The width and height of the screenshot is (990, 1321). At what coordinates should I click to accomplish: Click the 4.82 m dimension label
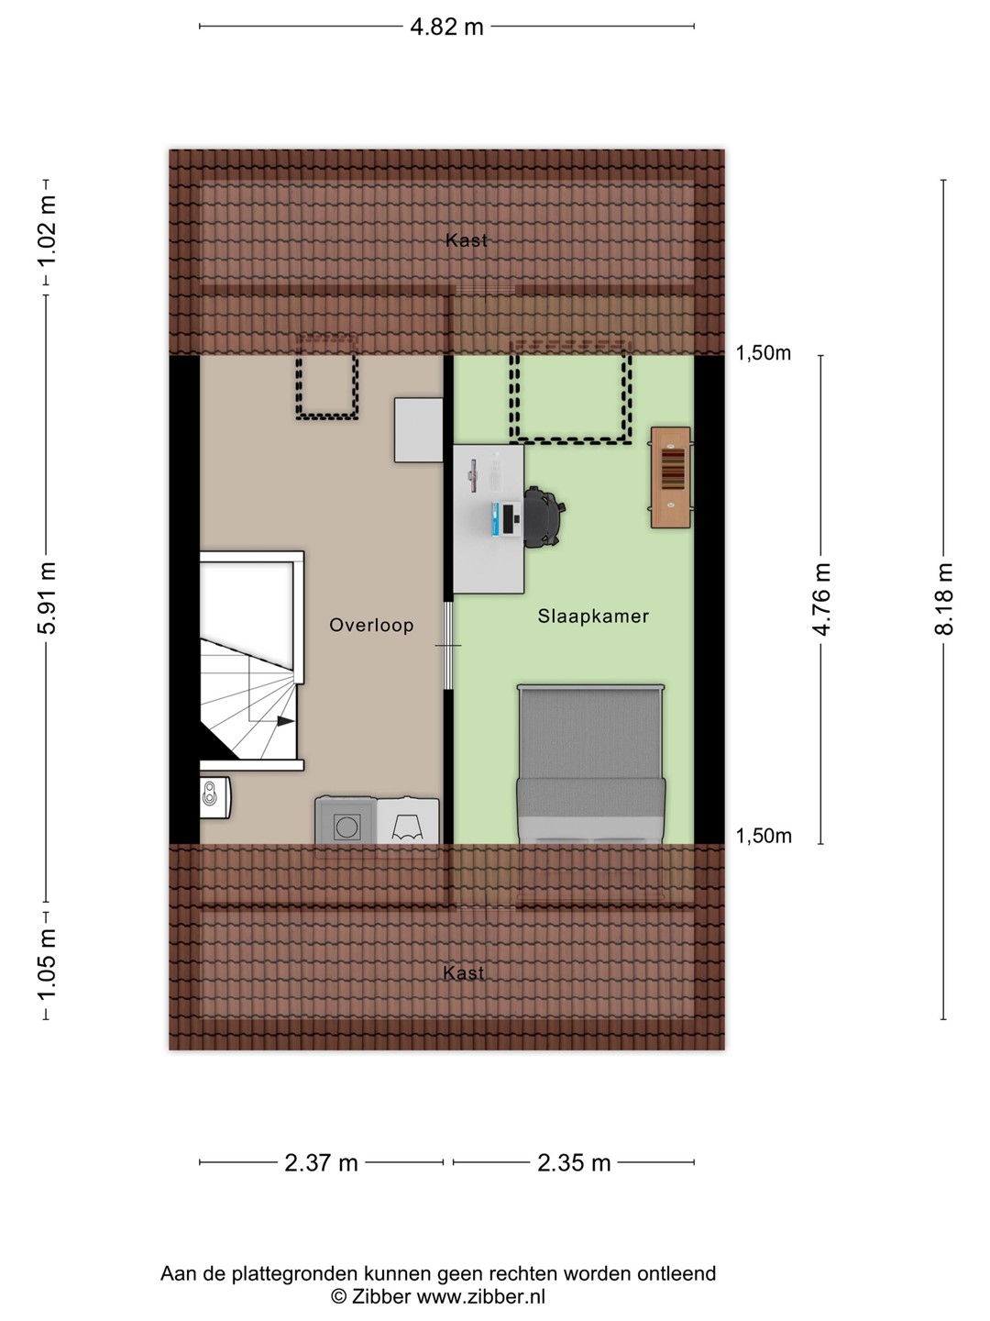pyautogui.click(x=446, y=28)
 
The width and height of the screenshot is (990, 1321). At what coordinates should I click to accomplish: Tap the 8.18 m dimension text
pyautogui.click(x=944, y=599)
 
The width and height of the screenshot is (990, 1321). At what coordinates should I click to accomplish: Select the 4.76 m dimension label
pyautogui.click(x=821, y=599)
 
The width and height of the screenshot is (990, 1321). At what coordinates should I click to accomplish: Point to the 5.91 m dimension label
pyautogui.click(x=46, y=597)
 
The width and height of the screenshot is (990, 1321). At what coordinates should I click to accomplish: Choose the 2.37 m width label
pyautogui.click(x=321, y=1162)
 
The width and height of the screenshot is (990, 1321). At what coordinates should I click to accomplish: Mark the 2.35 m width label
pyautogui.click(x=574, y=1162)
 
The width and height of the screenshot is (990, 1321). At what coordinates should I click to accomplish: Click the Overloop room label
pyautogui.click(x=371, y=626)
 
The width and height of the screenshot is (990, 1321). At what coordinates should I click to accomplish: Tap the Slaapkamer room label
pyautogui.click(x=593, y=616)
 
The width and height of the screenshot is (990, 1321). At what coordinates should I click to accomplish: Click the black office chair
pyautogui.click(x=544, y=517)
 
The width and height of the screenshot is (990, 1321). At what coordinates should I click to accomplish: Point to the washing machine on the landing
pyautogui.click(x=346, y=820)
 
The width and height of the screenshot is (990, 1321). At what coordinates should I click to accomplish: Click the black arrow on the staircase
pyautogui.click(x=285, y=720)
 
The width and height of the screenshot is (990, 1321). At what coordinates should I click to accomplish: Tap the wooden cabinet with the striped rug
pyautogui.click(x=670, y=477)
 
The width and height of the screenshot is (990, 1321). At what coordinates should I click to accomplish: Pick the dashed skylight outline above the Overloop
pyautogui.click(x=327, y=377)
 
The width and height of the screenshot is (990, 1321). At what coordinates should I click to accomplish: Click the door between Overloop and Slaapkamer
pyautogui.click(x=448, y=645)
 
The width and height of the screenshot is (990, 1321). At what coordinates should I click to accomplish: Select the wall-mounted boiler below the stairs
pyautogui.click(x=215, y=797)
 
